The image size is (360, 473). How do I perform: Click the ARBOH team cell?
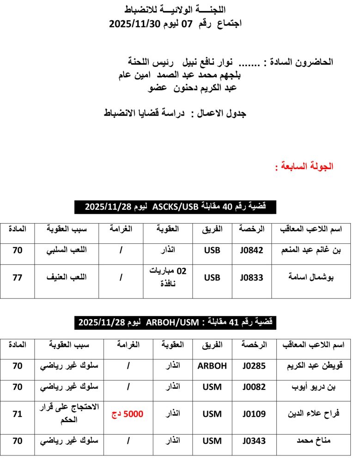(212, 366)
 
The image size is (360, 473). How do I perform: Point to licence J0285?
(254, 366)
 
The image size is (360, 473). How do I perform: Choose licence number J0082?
(254, 387)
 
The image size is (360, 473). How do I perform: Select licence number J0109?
(254, 414)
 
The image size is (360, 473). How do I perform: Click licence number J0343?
(254, 441)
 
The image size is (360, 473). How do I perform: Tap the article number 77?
(18, 278)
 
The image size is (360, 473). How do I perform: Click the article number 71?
(18, 414)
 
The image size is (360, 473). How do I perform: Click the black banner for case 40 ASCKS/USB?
(175, 206)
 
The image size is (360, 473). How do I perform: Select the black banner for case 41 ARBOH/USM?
(175, 322)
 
